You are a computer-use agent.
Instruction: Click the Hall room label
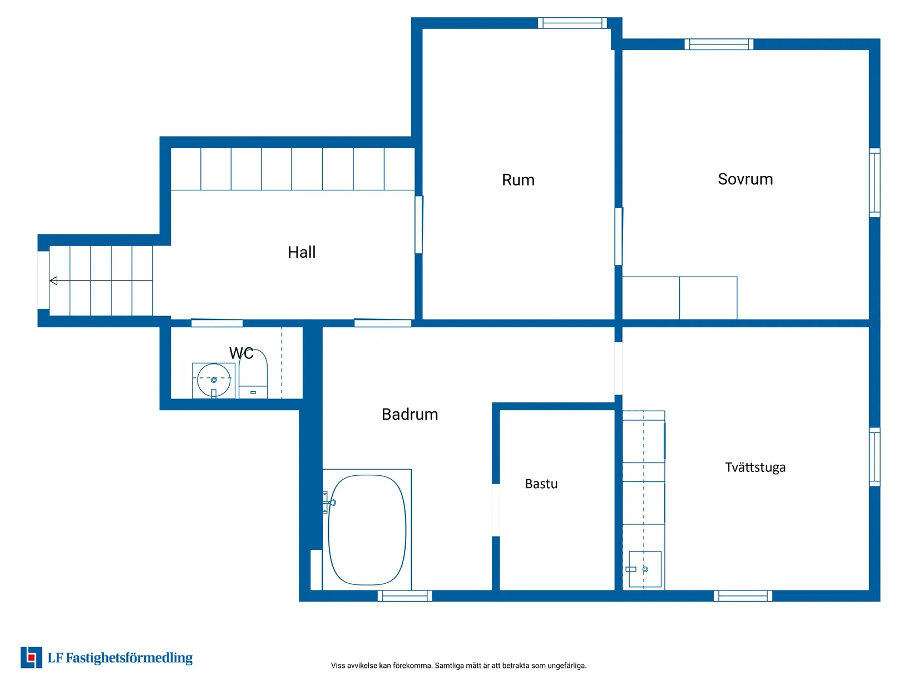point(302,252)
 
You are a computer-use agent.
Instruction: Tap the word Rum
point(518,180)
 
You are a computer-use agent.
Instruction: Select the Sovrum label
point(746,179)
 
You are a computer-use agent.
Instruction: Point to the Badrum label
point(410,415)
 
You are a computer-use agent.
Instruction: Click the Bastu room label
point(541,484)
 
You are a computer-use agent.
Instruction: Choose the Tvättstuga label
point(756,467)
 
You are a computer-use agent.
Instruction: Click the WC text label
point(241,353)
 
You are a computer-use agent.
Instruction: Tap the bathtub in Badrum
point(367,530)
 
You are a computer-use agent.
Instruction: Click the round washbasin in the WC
point(214,380)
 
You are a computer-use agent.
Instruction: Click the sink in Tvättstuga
point(645,569)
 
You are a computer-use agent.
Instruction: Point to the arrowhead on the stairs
point(53,280)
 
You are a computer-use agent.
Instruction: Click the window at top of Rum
point(572,23)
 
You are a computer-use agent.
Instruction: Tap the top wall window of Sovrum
point(719,45)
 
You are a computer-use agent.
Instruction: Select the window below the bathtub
point(405,596)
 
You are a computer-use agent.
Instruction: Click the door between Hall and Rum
point(418,225)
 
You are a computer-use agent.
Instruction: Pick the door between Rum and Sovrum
point(619,237)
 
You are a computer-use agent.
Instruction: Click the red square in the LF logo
point(31,658)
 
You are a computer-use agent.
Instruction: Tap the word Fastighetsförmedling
point(129,658)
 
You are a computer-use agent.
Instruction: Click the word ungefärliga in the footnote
point(567,666)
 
